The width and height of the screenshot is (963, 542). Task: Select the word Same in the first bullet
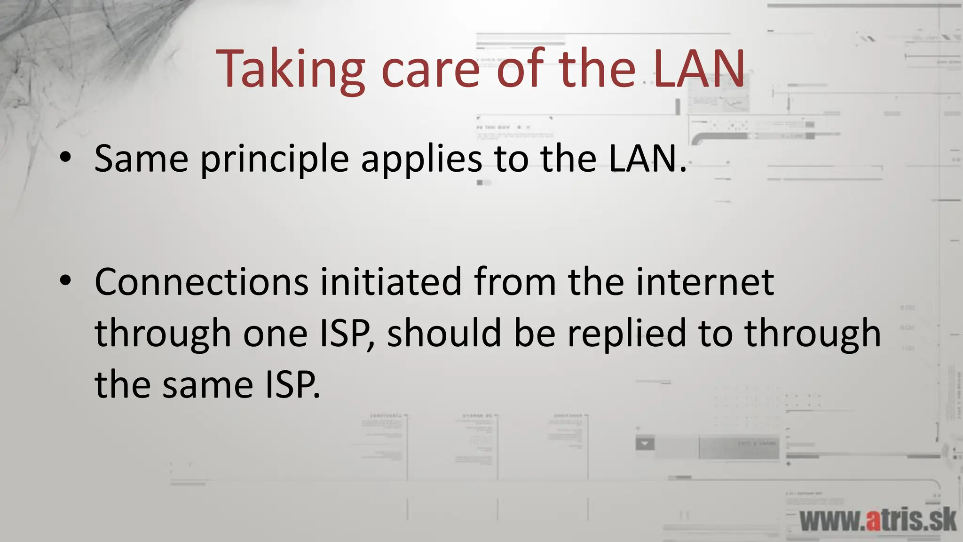coord(142,159)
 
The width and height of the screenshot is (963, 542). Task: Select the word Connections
coord(201,282)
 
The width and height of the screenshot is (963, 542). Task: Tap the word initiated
coord(391,282)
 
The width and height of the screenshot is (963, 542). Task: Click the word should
coord(444,333)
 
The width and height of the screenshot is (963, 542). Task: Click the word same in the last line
coord(207,385)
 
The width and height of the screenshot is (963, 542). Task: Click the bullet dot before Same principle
coord(65,158)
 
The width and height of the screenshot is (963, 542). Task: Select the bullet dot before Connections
coord(65,281)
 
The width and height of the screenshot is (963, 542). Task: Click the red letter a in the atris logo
coord(873,521)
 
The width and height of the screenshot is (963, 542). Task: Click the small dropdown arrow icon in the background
coord(645,444)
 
